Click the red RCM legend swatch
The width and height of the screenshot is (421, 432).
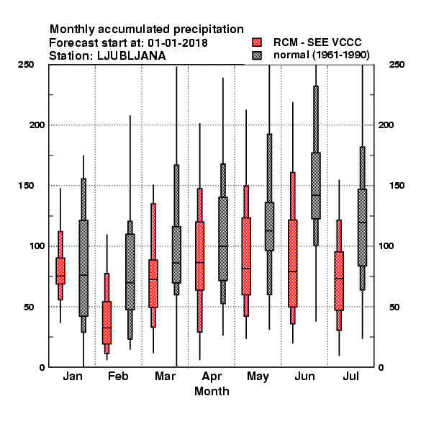pyautogui.click(x=257, y=42)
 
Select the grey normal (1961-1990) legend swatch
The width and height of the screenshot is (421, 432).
pyautogui.click(x=257, y=55)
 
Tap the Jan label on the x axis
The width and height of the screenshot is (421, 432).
pyautogui.click(x=73, y=376)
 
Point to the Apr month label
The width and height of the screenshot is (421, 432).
pyautogui.click(x=212, y=377)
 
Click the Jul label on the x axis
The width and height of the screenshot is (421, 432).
pyautogui.click(x=350, y=376)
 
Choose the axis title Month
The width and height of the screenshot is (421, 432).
pyautogui.click(x=212, y=391)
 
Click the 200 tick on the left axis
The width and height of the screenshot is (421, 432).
pyautogui.click(x=37, y=125)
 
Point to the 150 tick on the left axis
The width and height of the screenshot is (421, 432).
pyautogui.click(x=26, y=186)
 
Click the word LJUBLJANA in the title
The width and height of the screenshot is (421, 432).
pyautogui.click(x=132, y=56)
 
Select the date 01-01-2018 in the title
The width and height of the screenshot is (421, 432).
pyautogui.click(x=178, y=43)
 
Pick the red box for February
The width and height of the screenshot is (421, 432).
pyautogui.click(x=107, y=323)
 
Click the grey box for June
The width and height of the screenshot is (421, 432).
pyautogui.click(x=316, y=186)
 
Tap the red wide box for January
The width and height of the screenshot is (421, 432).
pyautogui.click(x=60, y=271)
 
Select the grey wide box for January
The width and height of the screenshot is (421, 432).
pyautogui.click(x=83, y=268)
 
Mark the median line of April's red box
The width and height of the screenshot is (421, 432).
pyautogui.click(x=199, y=262)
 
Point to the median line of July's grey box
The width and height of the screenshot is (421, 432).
pyautogui.click(x=363, y=222)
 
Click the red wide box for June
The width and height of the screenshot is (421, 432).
pyautogui.click(x=293, y=264)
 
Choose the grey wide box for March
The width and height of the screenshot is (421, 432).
pyautogui.click(x=176, y=255)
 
